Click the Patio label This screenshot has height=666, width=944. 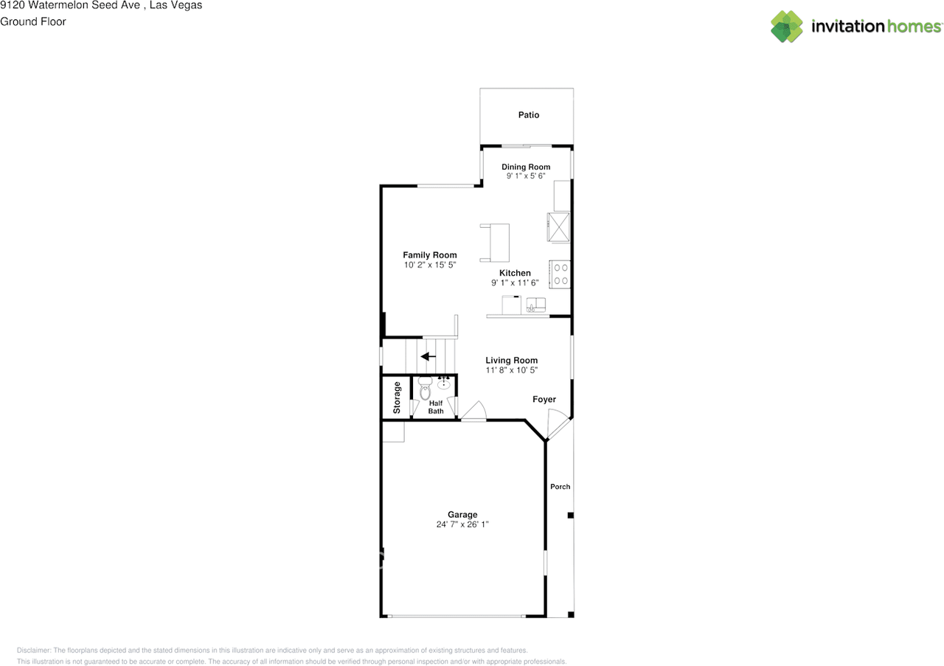pyautogui.click(x=528, y=115)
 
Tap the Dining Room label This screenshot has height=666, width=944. pyautogui.click(x=526, y=167)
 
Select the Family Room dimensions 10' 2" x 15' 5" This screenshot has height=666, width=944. pyautogui.click(x=430, y=264)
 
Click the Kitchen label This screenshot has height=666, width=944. pyautogui.click(x=515, y=273)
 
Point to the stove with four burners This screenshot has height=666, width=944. pyautogui.click(x=560, y=274)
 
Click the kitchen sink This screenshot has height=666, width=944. pyautogui.click(x=536, y=305)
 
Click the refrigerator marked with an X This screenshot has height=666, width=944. pyautogui.click(x=558, y=226)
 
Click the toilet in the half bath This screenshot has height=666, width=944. pyautogui.click(x=424, y=389)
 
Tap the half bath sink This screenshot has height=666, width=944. pyautogui.click(x=445, y=383)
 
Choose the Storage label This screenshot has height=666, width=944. pyautogui.click(x=397, y=397)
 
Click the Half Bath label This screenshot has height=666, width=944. pyautogui.click(x=436, y=407)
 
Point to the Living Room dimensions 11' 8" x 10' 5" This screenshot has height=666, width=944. pyautogui.click(x=511, y=370)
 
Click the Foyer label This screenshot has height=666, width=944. pyautogui.click(x=544, y=400)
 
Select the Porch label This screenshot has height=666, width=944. pyautogui.click(x=560, y=487)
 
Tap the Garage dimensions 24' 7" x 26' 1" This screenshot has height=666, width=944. pyautogui.click(x=462, y=525)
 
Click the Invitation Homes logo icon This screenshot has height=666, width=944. pyautogui.click(x=787, y=27)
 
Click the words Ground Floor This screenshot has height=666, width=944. pyautogui.click(x=33, y=21)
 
